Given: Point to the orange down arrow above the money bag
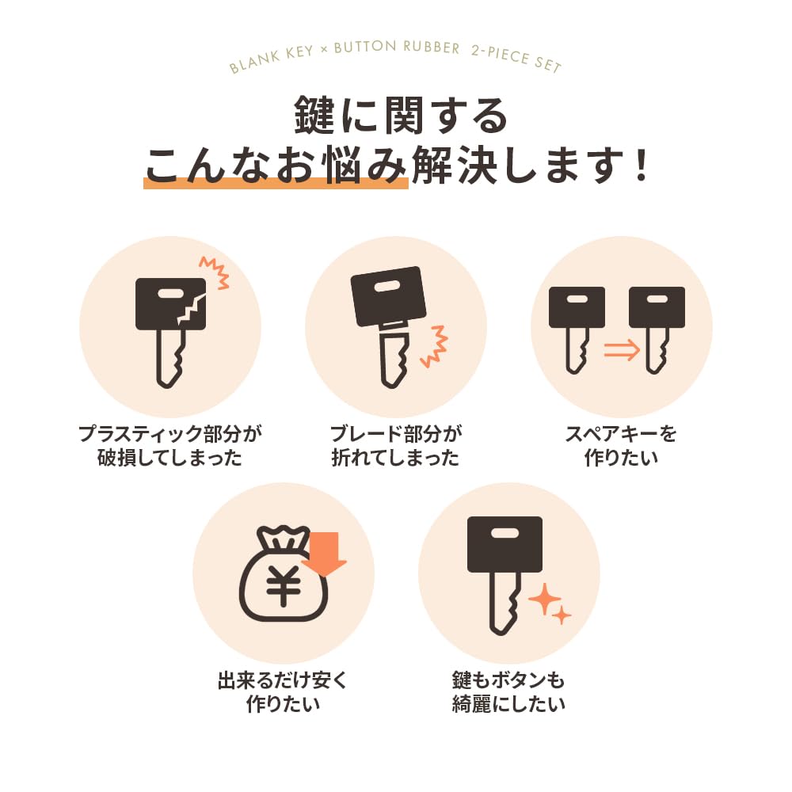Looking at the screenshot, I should point(324,552).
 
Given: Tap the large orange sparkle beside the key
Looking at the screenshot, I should point(544,600).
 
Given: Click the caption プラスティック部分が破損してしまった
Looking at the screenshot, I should point(169,445).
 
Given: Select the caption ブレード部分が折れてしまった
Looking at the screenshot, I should point(395,445).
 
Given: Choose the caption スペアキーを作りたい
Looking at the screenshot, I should point(621,445).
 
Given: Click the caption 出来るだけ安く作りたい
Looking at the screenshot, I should point(283,691).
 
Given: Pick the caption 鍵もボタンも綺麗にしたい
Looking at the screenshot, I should point(508,691).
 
